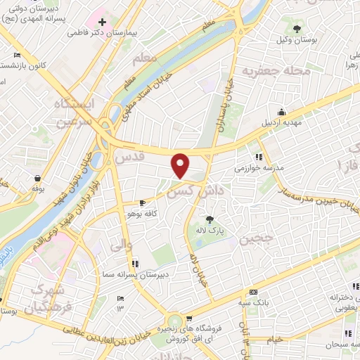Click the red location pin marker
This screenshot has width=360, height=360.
click(x=181, y=165)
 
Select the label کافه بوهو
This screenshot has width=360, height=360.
click(x=146, y=211)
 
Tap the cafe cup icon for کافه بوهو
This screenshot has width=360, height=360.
click(x=143, y=202)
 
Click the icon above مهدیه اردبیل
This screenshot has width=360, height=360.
click(x=282, y=111)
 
